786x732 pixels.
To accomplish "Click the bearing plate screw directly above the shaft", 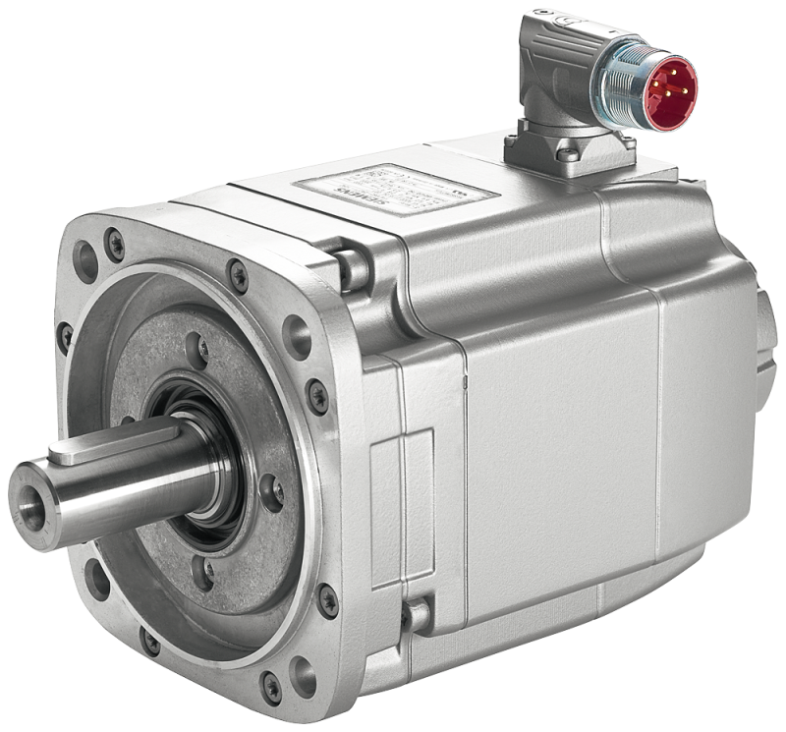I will (x=196, y=349).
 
